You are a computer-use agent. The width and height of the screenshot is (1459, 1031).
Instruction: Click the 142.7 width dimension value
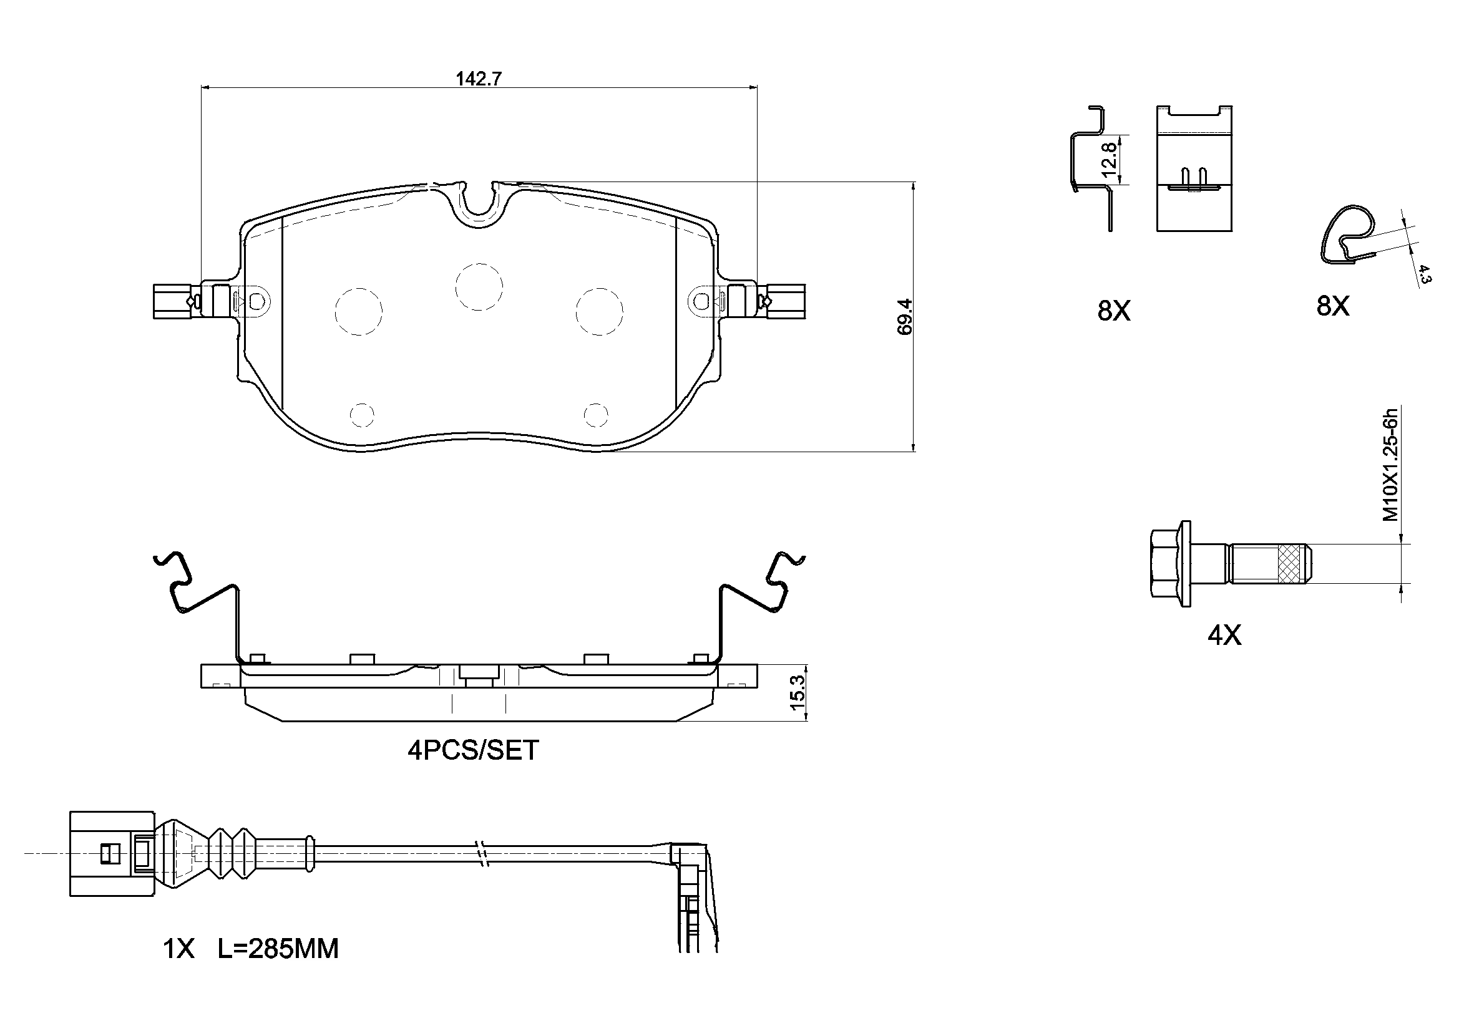479,79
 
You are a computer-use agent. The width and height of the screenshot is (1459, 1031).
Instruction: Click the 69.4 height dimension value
905,316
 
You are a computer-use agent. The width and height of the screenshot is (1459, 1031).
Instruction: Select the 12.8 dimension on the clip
1109,160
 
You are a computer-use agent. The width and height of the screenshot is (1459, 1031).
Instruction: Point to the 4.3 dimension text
1424,274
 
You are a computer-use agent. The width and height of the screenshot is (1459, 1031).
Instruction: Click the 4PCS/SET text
473,750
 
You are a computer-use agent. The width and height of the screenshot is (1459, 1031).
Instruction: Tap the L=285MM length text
278,949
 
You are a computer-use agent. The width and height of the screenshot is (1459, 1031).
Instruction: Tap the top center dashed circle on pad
479,286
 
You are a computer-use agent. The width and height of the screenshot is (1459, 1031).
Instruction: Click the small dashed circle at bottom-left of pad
362,415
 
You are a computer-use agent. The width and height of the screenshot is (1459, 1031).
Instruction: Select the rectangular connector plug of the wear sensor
112,853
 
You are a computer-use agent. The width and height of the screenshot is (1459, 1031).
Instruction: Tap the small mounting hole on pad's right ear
702,301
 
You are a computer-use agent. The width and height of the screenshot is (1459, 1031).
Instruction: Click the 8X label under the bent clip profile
1114,311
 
